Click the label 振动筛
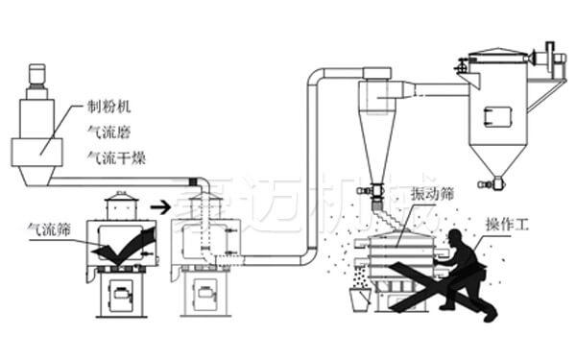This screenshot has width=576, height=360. tap(415, 193)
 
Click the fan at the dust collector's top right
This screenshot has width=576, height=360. tap(550, 58)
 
